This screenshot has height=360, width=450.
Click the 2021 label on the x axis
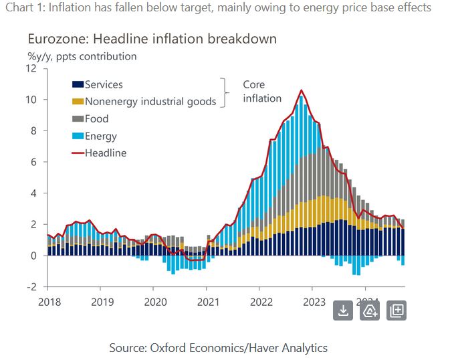[207, 302]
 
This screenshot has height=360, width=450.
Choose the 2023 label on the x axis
[314, 302]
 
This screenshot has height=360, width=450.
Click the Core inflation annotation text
[261, 91]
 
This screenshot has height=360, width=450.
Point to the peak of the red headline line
[302, 90]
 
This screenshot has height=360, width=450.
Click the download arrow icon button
[343, 310]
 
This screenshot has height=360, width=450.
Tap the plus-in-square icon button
[397, 310]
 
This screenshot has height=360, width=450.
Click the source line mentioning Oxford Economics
[218, 347]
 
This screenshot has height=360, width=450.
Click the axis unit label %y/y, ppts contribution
[82, 56]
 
